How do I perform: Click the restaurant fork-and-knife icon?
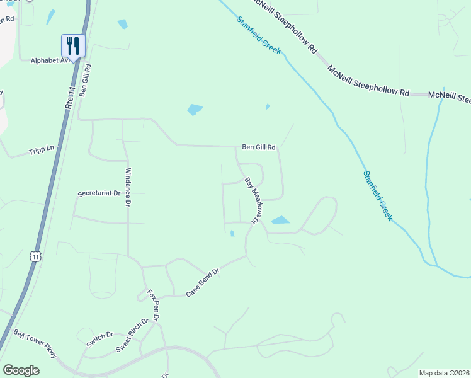coord(73,45)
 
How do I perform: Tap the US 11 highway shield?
coord(36,256)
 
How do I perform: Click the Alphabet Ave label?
coord(50,60)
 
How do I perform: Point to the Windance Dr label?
coord(128,187)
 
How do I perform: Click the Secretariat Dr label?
coord(99,193)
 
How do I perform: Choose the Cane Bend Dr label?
coord(203,283)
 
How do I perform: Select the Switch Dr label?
coord(99,338)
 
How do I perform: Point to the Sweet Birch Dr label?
coord(132,335)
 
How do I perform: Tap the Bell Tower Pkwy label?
coord(36,343)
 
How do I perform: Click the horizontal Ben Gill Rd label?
coord(259,147)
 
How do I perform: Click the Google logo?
coord(21,370)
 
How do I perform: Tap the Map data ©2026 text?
coord(444,373)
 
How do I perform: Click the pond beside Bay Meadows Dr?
coord(280,220)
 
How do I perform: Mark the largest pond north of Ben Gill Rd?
coord(195,110)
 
